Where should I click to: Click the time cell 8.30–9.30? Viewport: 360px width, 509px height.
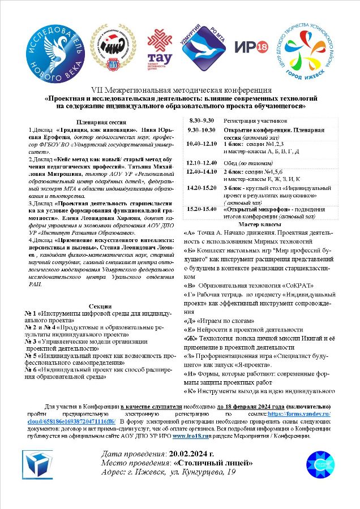(x=202, y=120)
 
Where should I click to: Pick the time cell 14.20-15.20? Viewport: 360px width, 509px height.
(x=202, y=186)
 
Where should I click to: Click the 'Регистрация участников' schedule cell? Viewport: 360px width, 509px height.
(x=255, y=120)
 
